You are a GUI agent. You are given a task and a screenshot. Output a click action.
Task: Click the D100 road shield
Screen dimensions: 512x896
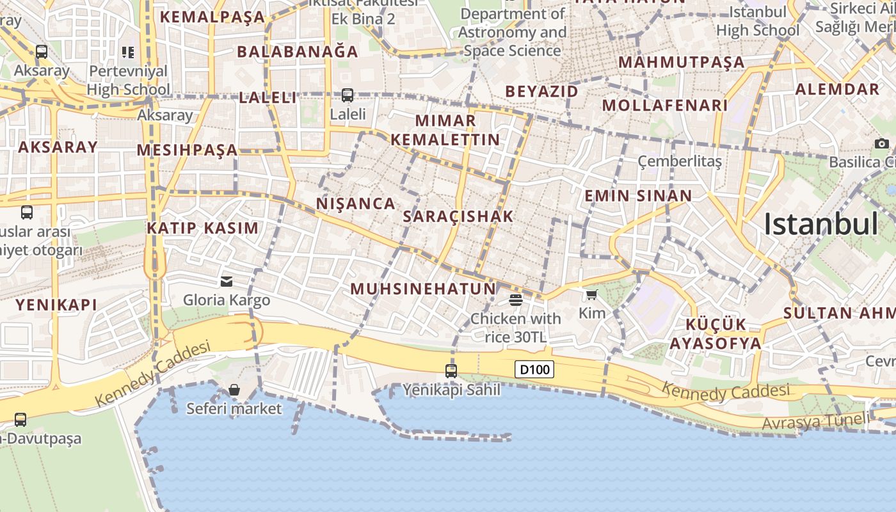534,369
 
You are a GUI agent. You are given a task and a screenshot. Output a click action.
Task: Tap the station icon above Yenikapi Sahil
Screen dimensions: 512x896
451,371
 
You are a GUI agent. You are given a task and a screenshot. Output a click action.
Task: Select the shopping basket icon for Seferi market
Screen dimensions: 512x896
234,390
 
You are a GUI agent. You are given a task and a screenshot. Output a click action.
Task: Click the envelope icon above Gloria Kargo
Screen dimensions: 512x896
227,282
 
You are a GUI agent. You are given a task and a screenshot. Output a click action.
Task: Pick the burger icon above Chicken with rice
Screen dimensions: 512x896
516,300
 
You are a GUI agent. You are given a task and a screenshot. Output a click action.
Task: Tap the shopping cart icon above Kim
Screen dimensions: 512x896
591,295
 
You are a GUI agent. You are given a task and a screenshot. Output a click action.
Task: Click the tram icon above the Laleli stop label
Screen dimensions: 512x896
348,95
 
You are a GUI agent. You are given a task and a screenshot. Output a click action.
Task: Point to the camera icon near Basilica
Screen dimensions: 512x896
882,143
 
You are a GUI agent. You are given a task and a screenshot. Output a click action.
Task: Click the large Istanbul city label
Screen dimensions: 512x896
821,225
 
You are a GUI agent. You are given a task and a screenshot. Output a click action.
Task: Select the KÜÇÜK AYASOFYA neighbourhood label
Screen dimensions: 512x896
716,333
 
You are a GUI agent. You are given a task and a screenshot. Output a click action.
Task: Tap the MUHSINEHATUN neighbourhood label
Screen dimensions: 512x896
424,289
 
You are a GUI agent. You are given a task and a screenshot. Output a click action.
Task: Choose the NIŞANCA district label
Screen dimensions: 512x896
356,204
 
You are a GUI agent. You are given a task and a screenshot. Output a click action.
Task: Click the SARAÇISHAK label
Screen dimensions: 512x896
458,216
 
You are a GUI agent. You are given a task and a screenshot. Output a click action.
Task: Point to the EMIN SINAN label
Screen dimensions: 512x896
638,196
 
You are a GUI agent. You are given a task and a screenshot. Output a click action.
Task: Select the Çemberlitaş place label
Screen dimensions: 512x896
680,161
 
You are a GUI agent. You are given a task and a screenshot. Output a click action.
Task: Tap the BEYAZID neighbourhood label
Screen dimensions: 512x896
541,92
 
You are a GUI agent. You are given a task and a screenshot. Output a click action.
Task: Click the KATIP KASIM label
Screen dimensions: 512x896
203,228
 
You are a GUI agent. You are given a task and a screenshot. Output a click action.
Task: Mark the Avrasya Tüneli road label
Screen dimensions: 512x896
816,422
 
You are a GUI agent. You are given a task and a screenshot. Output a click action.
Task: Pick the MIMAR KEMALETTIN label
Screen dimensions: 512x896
445,130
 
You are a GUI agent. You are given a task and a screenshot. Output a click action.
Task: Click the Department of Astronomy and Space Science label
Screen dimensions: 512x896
512,32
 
